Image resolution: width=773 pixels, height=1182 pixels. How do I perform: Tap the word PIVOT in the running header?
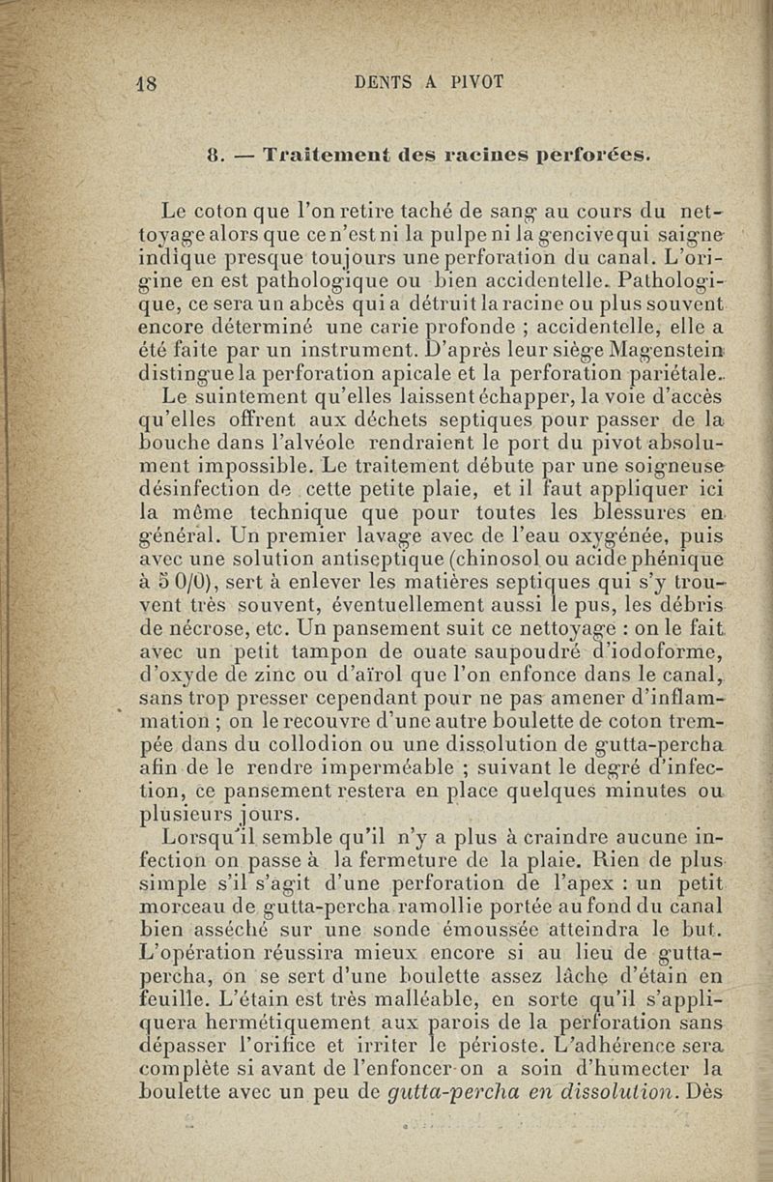point(474,82)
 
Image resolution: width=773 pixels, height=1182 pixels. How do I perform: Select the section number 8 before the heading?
point(216,154)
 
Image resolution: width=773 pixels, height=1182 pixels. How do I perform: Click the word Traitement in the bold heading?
point(324,154)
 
